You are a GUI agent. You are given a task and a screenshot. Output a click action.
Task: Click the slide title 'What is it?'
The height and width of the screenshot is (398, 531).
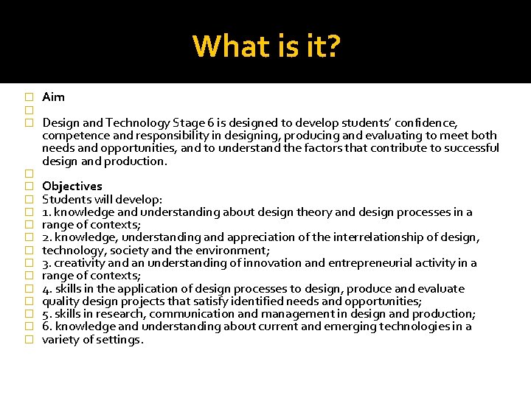pos(266,46)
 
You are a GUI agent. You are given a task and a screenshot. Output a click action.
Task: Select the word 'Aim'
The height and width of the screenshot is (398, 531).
pos(53,97)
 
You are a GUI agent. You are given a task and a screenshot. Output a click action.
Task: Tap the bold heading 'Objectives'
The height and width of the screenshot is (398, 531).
pos(72,186)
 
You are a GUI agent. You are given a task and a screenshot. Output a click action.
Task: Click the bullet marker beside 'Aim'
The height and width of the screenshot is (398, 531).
pos(29,97)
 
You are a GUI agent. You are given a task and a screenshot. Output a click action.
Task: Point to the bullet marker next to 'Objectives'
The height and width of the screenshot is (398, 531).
pos(29,186)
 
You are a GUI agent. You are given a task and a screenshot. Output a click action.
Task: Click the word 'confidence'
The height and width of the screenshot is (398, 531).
pos(427,122)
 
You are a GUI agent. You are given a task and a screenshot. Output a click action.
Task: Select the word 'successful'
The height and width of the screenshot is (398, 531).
pos(471,148)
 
